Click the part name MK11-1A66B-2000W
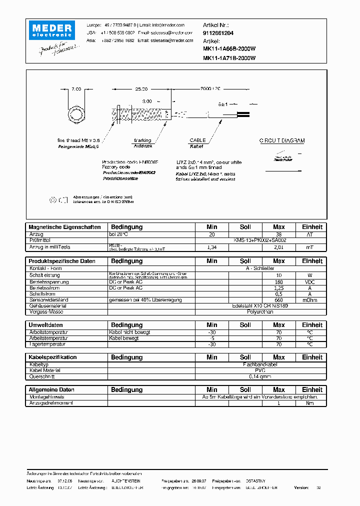pos(229,49)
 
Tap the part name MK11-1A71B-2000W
pos(229,57)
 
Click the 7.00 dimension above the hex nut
pos(76,89)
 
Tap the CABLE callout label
pos(198,141)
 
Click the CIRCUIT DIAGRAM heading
pos(281,141)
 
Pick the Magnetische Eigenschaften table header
pos(64,227)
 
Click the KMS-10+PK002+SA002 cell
pos(260,240)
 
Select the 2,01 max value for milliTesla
pos(278,246)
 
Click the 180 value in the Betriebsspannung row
pos(278,281)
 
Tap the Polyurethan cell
pos(260,311)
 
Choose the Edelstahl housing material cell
pos(260,305)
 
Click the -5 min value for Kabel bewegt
pos(212,338)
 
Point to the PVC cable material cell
pos(260,370)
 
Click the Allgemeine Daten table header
pos(51,389)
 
